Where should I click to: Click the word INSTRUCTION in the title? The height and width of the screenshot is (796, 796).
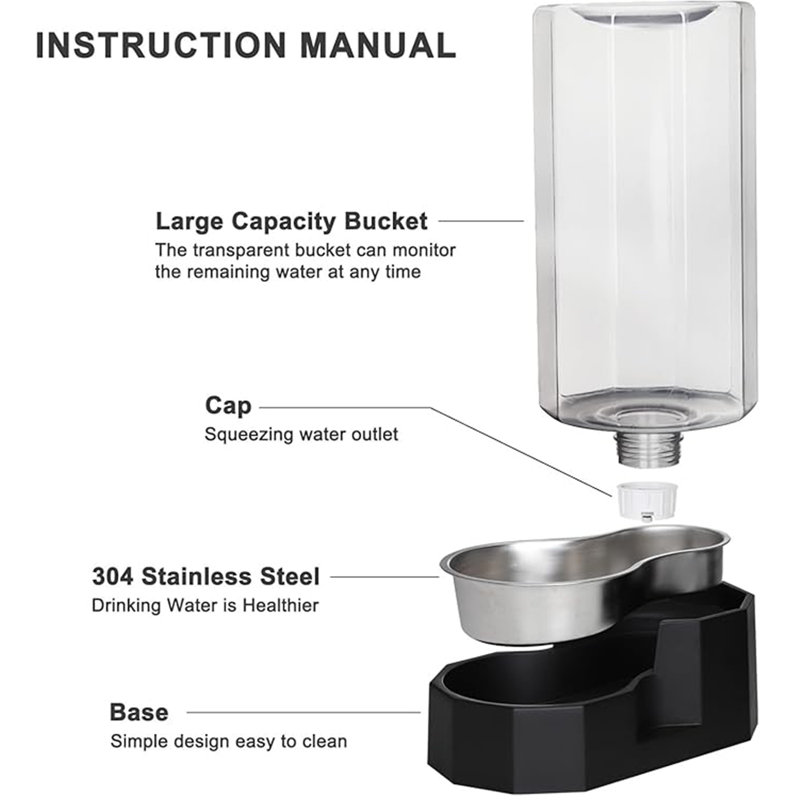pyautogui.click(x=161, y=45)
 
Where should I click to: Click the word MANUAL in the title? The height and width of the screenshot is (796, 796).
pyautogui.click(x=378, y=45)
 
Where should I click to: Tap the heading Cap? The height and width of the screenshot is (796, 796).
pyautogui.click(x=228, y=406)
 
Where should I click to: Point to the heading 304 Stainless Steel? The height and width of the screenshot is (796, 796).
pyautogui.click(x=206, y=577)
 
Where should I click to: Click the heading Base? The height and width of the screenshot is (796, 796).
pyautogui.click(x=139, y=712)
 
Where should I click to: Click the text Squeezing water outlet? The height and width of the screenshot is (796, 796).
pyautogui.click(x=301, y=435)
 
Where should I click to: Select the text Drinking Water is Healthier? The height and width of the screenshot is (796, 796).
pyautogui.click(x=205, y=605)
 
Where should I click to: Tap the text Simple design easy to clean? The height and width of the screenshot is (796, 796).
pyautogui.click(x=229, y=741)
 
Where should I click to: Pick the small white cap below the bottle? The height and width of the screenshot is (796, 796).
pyautogui.click(x=644, y=499)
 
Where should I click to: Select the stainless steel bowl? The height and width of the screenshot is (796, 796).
pyautogui.click(x=582, y=584)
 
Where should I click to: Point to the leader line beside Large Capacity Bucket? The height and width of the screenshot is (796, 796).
pyautogui.click(x=481, y=221)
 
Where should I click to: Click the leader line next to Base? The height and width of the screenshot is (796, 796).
pyautogui.click(x=304, y=713)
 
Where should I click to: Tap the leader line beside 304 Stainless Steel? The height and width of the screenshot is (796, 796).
pyautogui.click(x=385, y=576)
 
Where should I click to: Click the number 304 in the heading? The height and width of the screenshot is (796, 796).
pyautogui.click(x=113, y=577)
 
